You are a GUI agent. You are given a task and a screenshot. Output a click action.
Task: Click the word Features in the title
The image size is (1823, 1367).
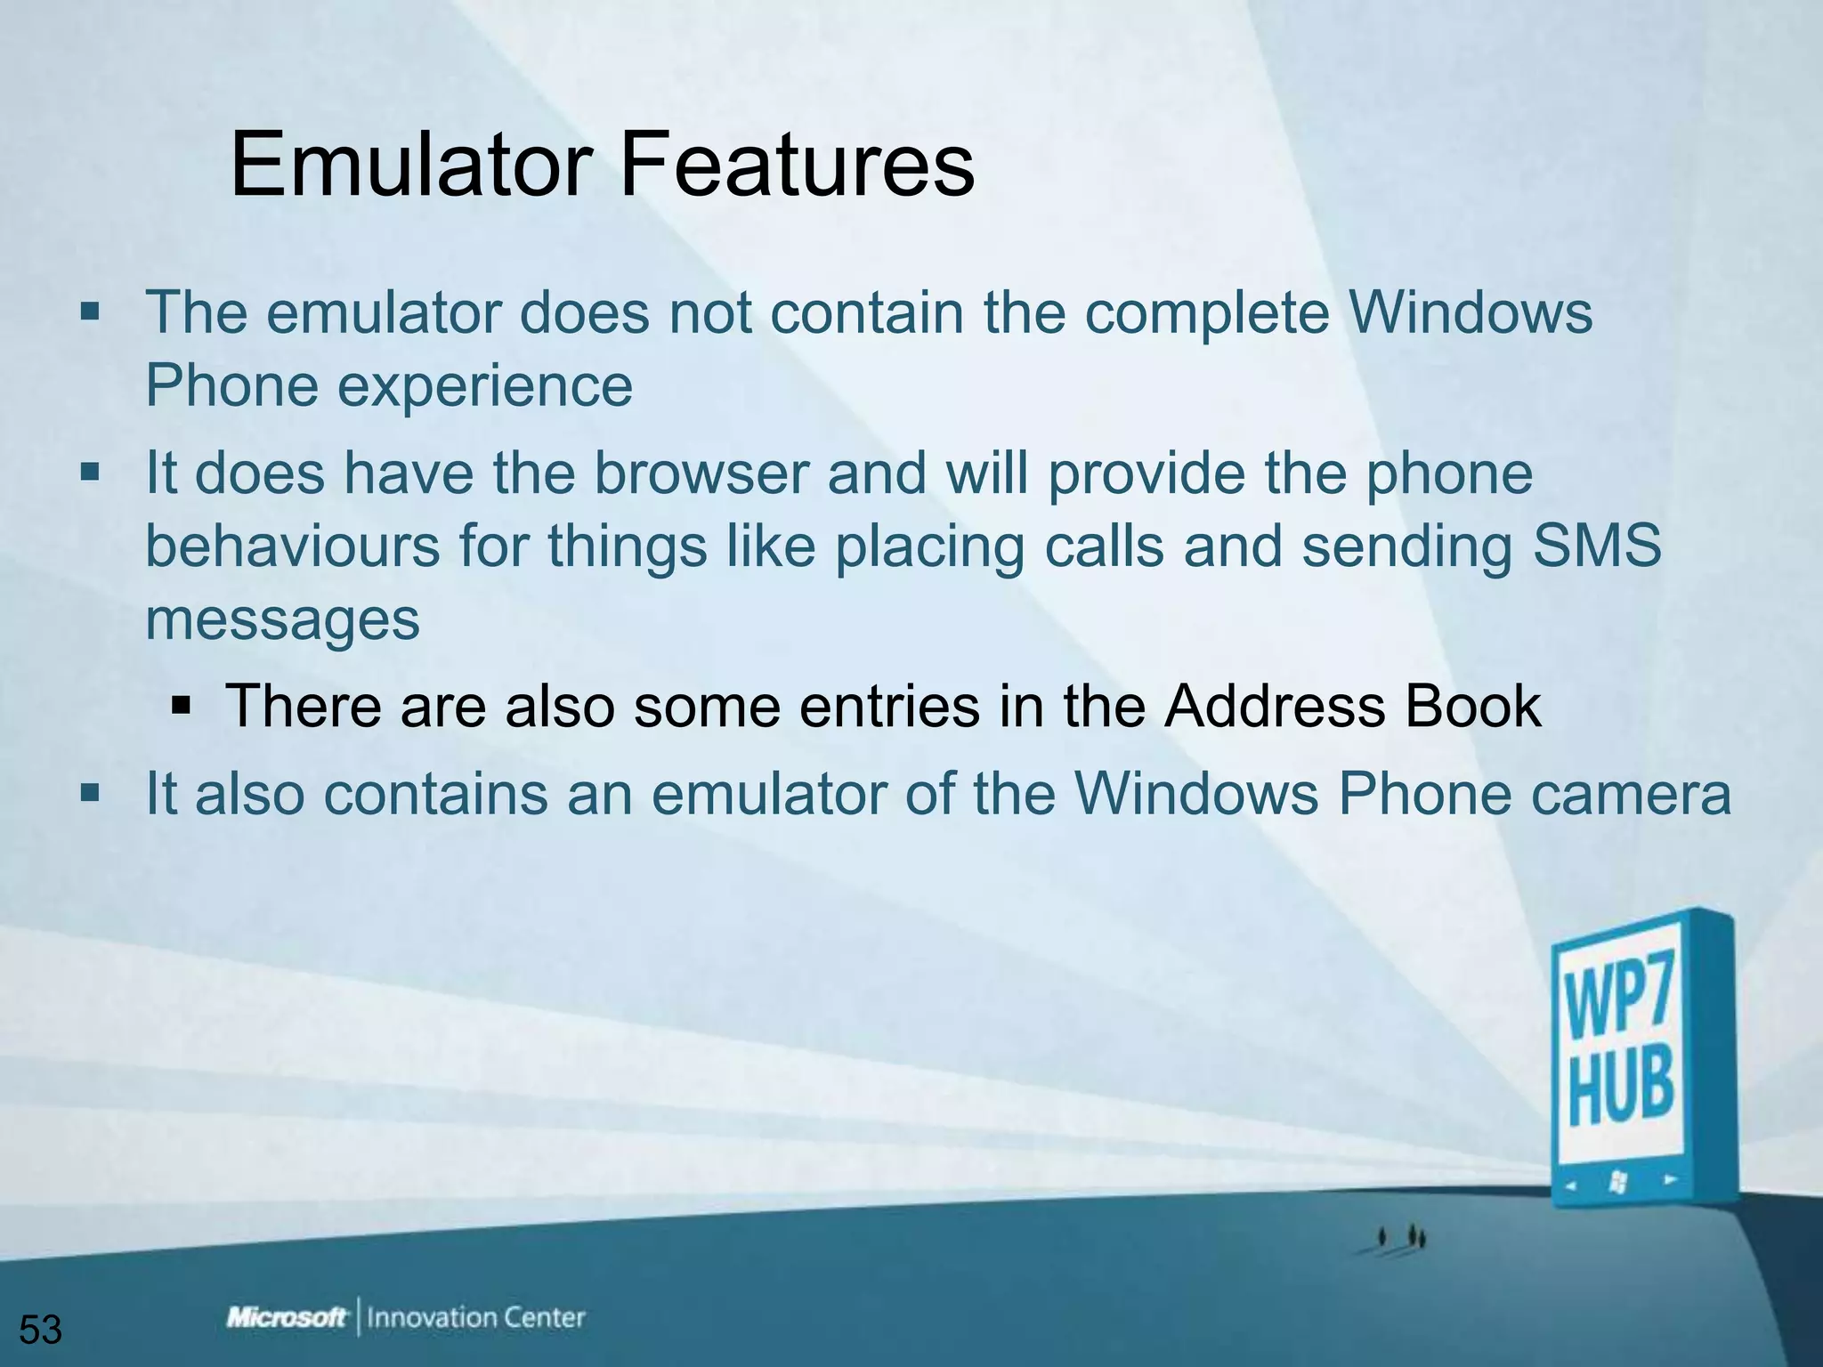point(797,166)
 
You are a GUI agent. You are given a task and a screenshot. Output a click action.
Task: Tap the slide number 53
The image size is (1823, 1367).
point(41,1330)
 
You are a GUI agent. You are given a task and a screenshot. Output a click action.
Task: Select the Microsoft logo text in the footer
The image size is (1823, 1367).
point(287,1317)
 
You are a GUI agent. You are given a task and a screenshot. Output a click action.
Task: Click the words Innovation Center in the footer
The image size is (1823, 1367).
point(476,1317)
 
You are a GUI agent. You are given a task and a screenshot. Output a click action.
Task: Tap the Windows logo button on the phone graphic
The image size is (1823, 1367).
point(1618,1183)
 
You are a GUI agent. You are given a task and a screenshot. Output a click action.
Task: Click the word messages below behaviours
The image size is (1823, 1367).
point(282,619)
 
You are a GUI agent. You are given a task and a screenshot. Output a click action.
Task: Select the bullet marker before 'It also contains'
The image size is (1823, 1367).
point(90,792)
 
